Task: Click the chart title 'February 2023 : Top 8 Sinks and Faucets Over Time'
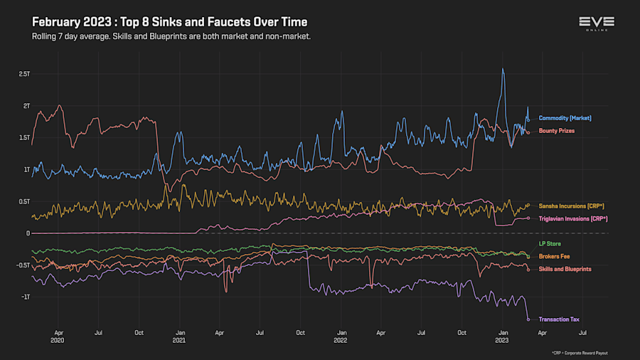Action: tap(169, 22)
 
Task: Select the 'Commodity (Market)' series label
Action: tap(565, 118)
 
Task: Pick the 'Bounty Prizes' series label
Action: tap(557, 131)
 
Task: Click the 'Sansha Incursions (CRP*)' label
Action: tap(572, 206)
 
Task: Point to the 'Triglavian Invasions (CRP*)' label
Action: tap(573, 218)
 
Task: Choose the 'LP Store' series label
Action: tap(550, 244)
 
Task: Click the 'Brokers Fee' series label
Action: tap(555, 256)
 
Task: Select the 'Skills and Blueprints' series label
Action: tap(565, 269)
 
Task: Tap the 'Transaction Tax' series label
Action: tap(559, 319)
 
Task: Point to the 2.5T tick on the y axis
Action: tap(24, 74)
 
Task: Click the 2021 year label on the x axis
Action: tap(179, 340)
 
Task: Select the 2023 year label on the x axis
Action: tap(502, 340)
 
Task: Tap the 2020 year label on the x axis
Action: tap(58, 340)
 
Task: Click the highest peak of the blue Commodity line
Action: tap(503, 69)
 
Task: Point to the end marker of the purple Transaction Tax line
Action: tap(528, 319)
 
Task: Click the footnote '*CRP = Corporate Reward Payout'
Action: tap(579, 353)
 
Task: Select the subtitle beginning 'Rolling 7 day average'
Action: tap(171, 36)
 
